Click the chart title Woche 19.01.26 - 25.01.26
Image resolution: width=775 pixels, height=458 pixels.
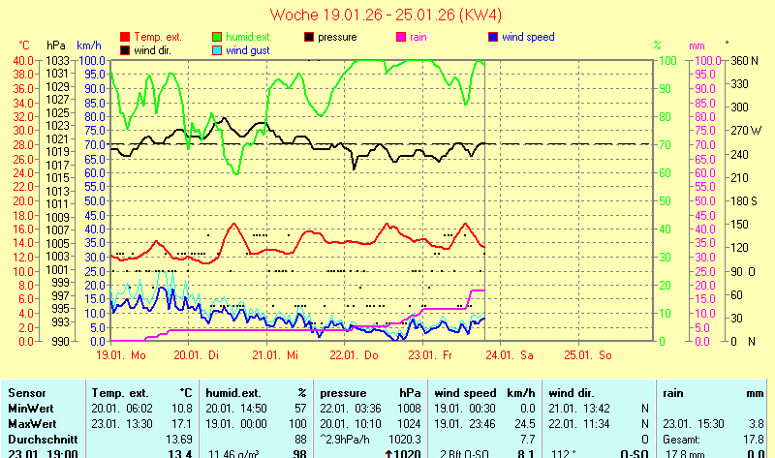coord(387,15)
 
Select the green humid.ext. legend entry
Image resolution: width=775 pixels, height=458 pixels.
coord(243,37)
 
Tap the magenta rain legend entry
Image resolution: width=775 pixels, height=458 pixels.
coord(418,37)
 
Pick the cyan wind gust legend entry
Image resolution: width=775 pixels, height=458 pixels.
coord(248,50)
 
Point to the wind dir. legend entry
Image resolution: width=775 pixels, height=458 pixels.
coord(155,50)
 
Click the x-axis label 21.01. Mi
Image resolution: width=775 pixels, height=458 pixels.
coord(276,354)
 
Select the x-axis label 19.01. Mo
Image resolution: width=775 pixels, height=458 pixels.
coord(120,354)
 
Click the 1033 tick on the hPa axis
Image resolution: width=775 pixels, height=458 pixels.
coord(57,60)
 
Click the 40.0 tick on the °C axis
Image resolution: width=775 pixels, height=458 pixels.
coord(23,60)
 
